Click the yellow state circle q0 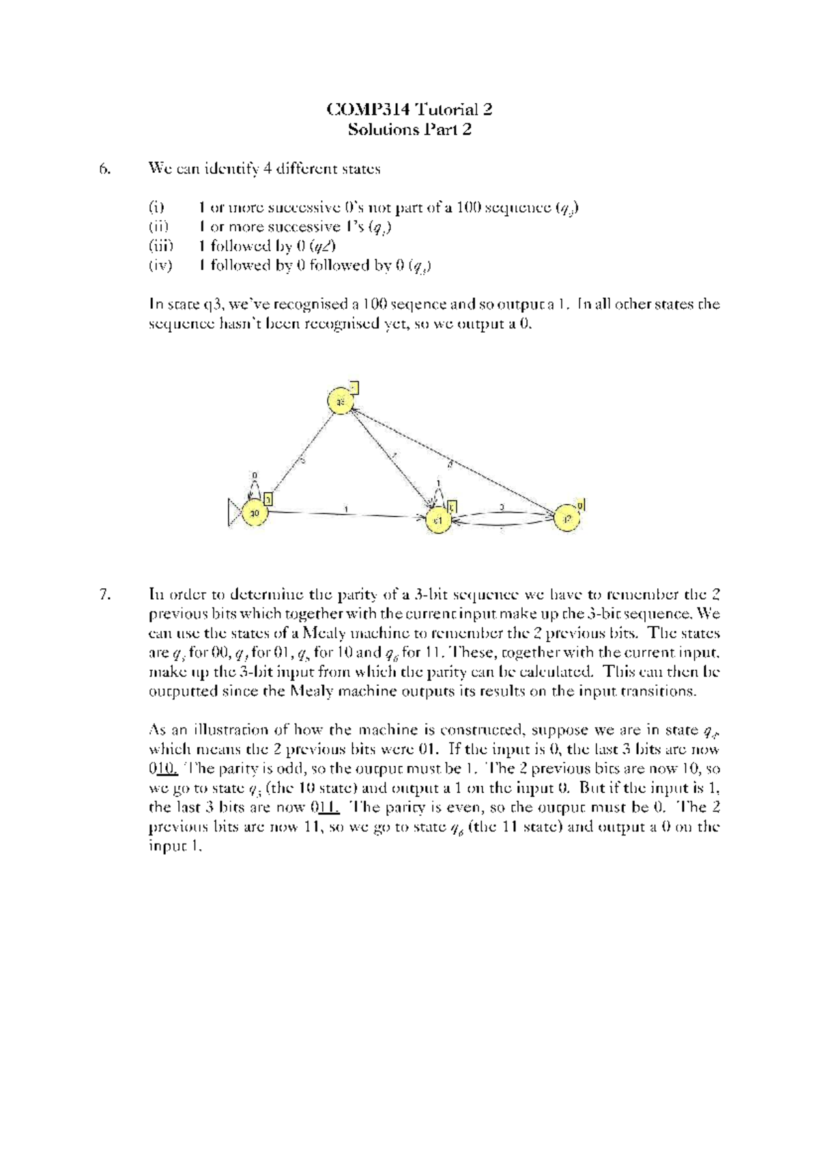tap(255, 512)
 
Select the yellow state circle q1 tap(438, 521)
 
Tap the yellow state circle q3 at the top tap(340, 402)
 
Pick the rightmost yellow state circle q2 tap(566, 519)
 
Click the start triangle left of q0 tap(235, 512)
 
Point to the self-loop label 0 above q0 tap(255, 474)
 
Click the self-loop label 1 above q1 tap(438, 482)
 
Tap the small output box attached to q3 tap(354, 388)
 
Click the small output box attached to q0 tap(269, 499)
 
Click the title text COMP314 tap(369, 109)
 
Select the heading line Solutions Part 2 tap(409, 129)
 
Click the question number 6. tap(104, 169)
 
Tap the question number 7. tap(104, 594)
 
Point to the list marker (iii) tap(161, 246)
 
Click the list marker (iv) tap(161, 265)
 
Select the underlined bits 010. tap(164, 769)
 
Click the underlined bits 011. tap(326, 807)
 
